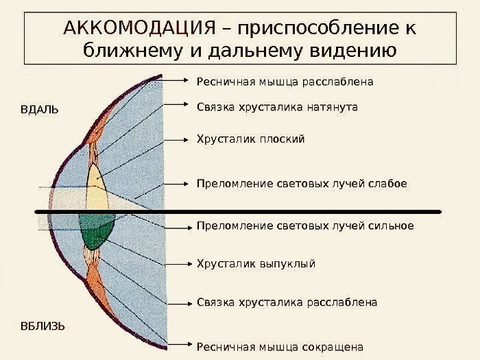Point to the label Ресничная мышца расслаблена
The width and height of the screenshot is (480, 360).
285,82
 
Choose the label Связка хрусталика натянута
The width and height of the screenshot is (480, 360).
277,107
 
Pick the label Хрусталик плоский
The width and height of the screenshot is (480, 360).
250,139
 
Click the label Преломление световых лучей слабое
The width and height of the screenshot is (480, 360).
302,184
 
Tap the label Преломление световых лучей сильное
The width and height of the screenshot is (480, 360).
305,226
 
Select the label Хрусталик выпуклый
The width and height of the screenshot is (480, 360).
256,263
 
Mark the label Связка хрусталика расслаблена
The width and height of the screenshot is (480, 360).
287,302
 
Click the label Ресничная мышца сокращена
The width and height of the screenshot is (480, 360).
280,347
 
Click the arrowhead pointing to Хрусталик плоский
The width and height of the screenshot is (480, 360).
184,139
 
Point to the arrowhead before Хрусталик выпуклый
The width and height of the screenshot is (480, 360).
184,263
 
